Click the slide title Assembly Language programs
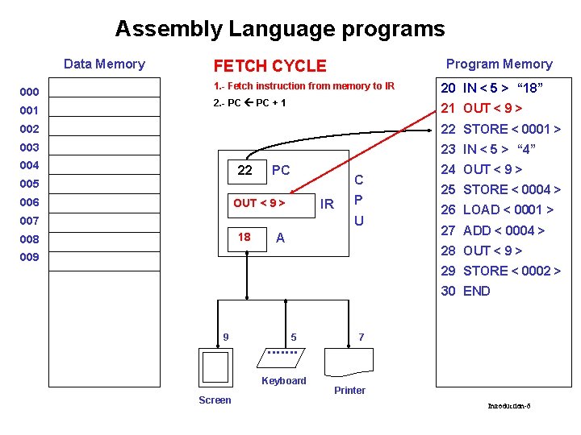pyautogui.click(x=279, y=29)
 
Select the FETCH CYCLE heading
pyautogui.click(x=270, y=66)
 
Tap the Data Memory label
pyautogui.click(x=104, y=64)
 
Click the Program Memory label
pyautogui.click(x=499, y=64)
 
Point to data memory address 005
pyautogui.click(x=30, y=184)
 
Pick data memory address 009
pyautogui.click(x=30, y=258)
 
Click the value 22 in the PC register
pyautogui.click(x=245, y=170)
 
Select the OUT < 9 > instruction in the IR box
pyautogui.click(x=259, y=204)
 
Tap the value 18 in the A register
pyautogui.click(x=244, y=237)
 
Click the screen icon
pyautogui.click(x=215, y=367)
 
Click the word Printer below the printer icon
pyautogui.click(x=349, y=391)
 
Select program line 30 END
pyautogui.click(x=465, y=291)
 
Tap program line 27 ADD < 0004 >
pyautogui.click(x=492, y=230)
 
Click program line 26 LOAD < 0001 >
pyautogui.click(x=496, y=210)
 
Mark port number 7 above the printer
pyautogui.click(x=362, y=336)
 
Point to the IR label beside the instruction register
pyautogui.click(x=327, y=205)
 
